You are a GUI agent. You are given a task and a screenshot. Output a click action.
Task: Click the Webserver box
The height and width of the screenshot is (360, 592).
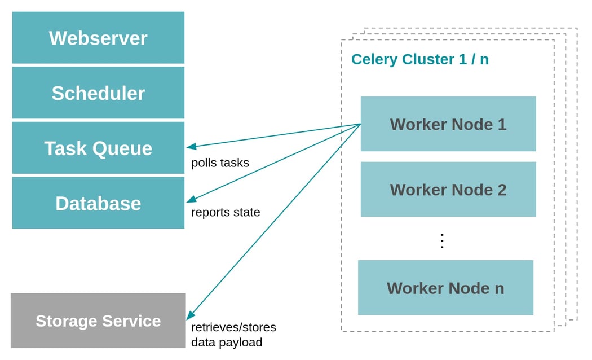click(98, 38)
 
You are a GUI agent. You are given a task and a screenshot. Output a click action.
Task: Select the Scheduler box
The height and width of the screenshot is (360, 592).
click(98, 93)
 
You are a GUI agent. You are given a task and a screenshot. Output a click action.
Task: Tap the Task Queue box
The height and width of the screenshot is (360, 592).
click(98, 148)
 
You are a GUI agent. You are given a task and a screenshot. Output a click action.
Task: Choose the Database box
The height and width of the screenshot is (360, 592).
click(98, 203)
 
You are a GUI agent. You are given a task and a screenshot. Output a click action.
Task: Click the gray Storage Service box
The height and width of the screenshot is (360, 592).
click(98, 321)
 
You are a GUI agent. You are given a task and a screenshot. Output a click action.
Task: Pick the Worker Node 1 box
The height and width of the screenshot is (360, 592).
click(448, 124)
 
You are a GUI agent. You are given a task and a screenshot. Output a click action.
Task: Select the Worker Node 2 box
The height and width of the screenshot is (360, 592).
click(448, 190)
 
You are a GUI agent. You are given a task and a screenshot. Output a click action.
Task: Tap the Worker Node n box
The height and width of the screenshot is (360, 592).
click(445, 288)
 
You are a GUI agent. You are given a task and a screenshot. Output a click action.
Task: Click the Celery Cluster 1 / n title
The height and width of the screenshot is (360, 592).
click(419, 59)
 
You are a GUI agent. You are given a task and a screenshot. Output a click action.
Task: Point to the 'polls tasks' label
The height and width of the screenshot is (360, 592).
click(220, 163)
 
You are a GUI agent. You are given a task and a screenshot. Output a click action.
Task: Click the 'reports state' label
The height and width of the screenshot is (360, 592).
click(226, 213)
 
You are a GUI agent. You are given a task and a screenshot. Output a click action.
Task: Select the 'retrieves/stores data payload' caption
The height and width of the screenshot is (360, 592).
click(233, 335)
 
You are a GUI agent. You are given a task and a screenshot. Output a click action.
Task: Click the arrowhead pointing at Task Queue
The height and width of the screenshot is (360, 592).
click(192, 147)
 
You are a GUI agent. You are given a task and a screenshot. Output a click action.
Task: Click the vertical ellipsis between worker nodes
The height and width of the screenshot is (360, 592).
click(442, 241)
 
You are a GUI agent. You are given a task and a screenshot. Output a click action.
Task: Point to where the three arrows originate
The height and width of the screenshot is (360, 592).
click(360, 124)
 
